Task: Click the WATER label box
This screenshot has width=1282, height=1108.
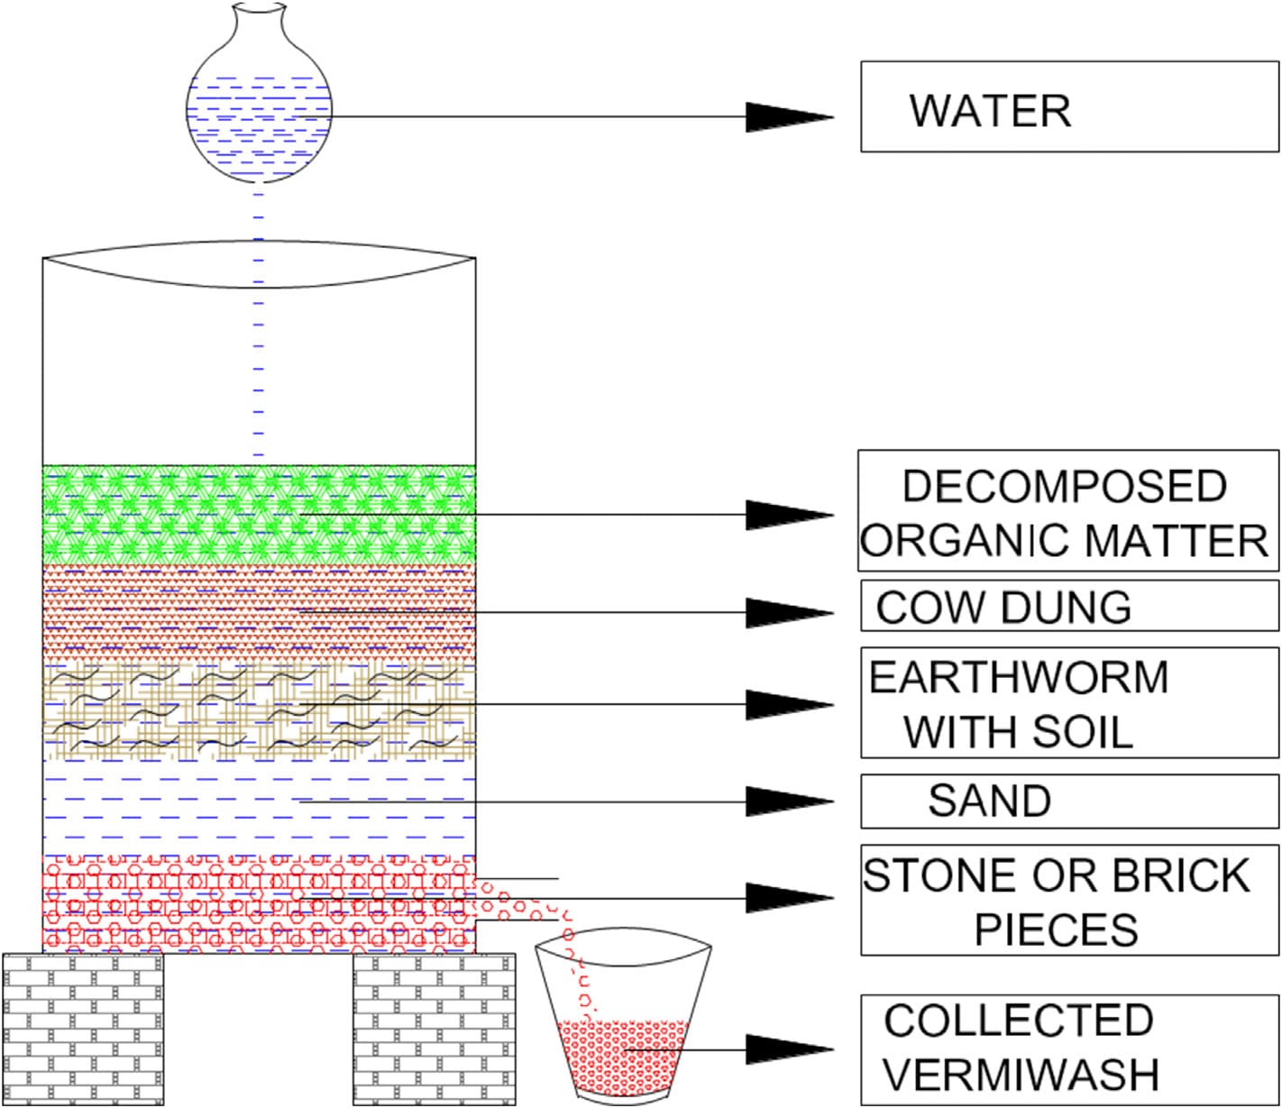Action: [1069, 106]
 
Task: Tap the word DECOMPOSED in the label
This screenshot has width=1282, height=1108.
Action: [1064, 486]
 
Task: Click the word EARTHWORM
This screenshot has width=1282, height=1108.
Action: [1019, 678]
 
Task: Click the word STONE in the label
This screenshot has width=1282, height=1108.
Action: [928, 875]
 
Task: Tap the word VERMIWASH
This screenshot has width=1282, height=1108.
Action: [1020, 1075]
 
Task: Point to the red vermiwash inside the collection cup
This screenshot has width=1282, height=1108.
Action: [622, 1055]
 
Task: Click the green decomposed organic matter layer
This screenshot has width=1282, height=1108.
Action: [259, 515]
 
